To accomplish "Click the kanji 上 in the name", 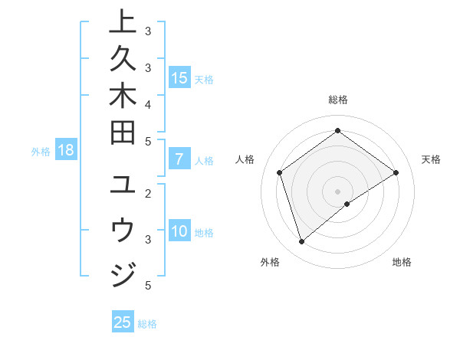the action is (x=123, y=22).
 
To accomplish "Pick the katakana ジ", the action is (x=123, y=273).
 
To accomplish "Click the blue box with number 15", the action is (x=179, y=78).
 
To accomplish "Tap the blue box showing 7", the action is (x=179, y=160).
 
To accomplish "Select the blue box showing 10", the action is (x=179, y=232).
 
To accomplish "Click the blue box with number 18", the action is (x=66, y=150).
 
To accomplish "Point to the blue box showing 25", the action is (x=123, y=322).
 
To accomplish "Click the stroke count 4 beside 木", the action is (x=147, y=103).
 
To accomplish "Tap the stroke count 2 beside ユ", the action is (x=147, y=195).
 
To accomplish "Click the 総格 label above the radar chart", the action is (x=337, y=100).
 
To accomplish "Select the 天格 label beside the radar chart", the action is (x=431, y=159).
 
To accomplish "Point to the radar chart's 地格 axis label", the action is (x=402, y=262).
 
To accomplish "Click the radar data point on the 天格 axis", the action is (x=396, y=172).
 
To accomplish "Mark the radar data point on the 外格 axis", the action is (x=301, y=242).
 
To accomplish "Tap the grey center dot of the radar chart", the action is (x=337, y=191).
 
